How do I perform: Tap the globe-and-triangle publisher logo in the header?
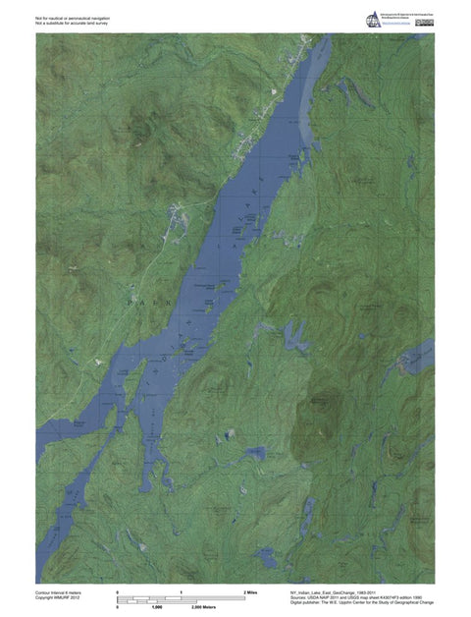click(x=373, y=19)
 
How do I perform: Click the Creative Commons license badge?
click(x=424, y=23)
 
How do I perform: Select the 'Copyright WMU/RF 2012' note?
click(x=58, y=599)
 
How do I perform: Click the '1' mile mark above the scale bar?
click(x=182, y=593)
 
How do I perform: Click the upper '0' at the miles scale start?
click(x=118, y=593)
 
